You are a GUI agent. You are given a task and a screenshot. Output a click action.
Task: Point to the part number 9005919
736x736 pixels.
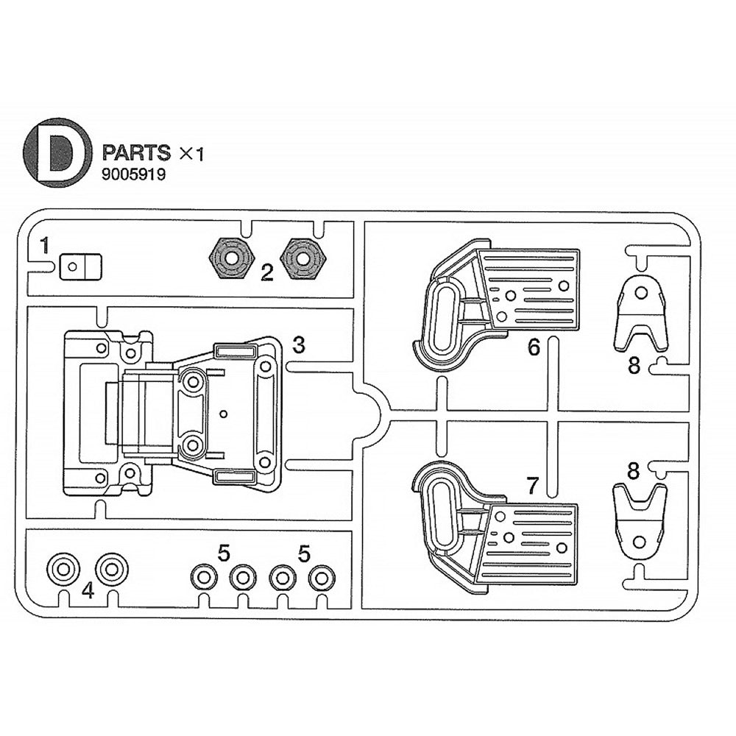point(134,175)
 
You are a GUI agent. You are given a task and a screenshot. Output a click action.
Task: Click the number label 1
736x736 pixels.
point(45,245)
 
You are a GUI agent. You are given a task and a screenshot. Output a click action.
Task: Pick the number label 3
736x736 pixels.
point(298,344)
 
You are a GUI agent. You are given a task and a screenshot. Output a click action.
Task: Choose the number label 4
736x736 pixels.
point(88,590)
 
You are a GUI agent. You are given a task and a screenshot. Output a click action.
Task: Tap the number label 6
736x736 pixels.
point(534,347)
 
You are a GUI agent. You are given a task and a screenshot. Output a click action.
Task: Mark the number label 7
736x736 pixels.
point(534,484)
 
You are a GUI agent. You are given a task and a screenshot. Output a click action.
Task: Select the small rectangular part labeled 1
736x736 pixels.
point(80,265)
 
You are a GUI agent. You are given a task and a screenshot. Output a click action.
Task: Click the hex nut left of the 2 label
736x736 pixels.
point(231,258)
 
